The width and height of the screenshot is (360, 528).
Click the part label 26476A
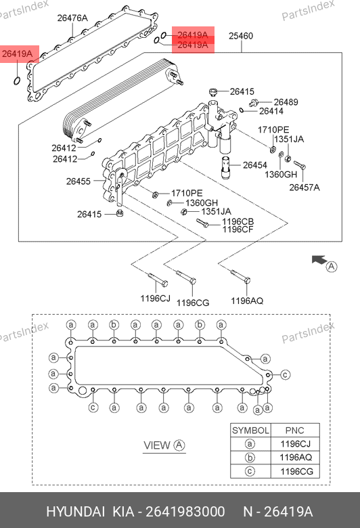[72, 18]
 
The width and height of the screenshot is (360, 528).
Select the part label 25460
[241, 36]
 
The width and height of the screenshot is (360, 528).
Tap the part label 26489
[286, 102]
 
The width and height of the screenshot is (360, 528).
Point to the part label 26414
[271, 111]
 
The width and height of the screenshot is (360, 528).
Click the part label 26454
[255, 165]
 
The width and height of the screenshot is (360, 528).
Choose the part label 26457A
[305, 188]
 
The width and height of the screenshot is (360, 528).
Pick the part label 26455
[78, 181]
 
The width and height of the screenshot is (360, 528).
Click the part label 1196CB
[238, 222]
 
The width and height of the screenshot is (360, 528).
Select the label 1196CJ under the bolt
[155, 299]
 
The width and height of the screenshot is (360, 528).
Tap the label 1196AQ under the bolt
[247, 301]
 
